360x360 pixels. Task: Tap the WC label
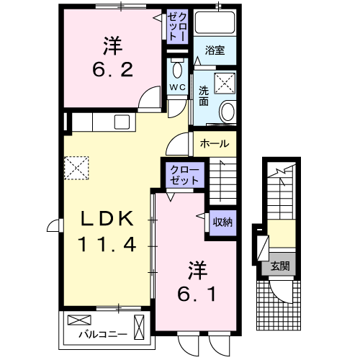[x=177, y=88]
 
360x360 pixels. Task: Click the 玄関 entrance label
[x=280, y=266]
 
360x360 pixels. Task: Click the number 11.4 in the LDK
[x=107, y=244]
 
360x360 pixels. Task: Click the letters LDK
[x=107, y=217]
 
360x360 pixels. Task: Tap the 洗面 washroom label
[x=204, y=97]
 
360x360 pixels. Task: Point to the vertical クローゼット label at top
[x=176, y=27]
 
